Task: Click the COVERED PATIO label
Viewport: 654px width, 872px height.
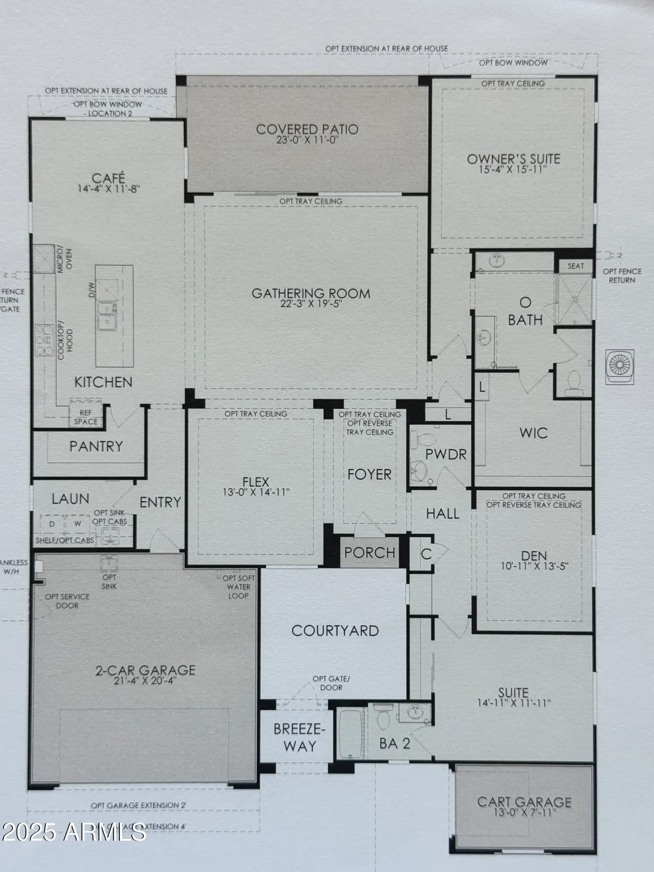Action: (307, 129)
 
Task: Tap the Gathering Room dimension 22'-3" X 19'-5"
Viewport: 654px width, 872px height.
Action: (310, 305)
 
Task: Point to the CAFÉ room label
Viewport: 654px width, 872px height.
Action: (109, 178)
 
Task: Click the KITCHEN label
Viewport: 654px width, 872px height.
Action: (103, 382)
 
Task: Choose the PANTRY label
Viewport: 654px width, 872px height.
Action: (96, 446)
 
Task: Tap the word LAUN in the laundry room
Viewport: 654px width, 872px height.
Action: (70, 498)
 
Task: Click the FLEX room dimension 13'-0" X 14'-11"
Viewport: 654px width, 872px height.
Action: (256, 492)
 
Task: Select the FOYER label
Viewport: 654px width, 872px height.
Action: (369, 474)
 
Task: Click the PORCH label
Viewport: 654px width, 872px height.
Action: (369, 552)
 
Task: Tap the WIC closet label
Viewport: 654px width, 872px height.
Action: (533, 433)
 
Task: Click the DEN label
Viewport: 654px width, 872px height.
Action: (534, 556)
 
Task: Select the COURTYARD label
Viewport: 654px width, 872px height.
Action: (335, 630)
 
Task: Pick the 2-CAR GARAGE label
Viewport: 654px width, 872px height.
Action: (145, 670)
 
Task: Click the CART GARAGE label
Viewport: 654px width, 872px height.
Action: (524, 802)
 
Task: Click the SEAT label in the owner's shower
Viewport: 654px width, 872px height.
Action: (575, 266)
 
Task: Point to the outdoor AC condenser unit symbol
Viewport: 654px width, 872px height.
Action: (620, 366)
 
